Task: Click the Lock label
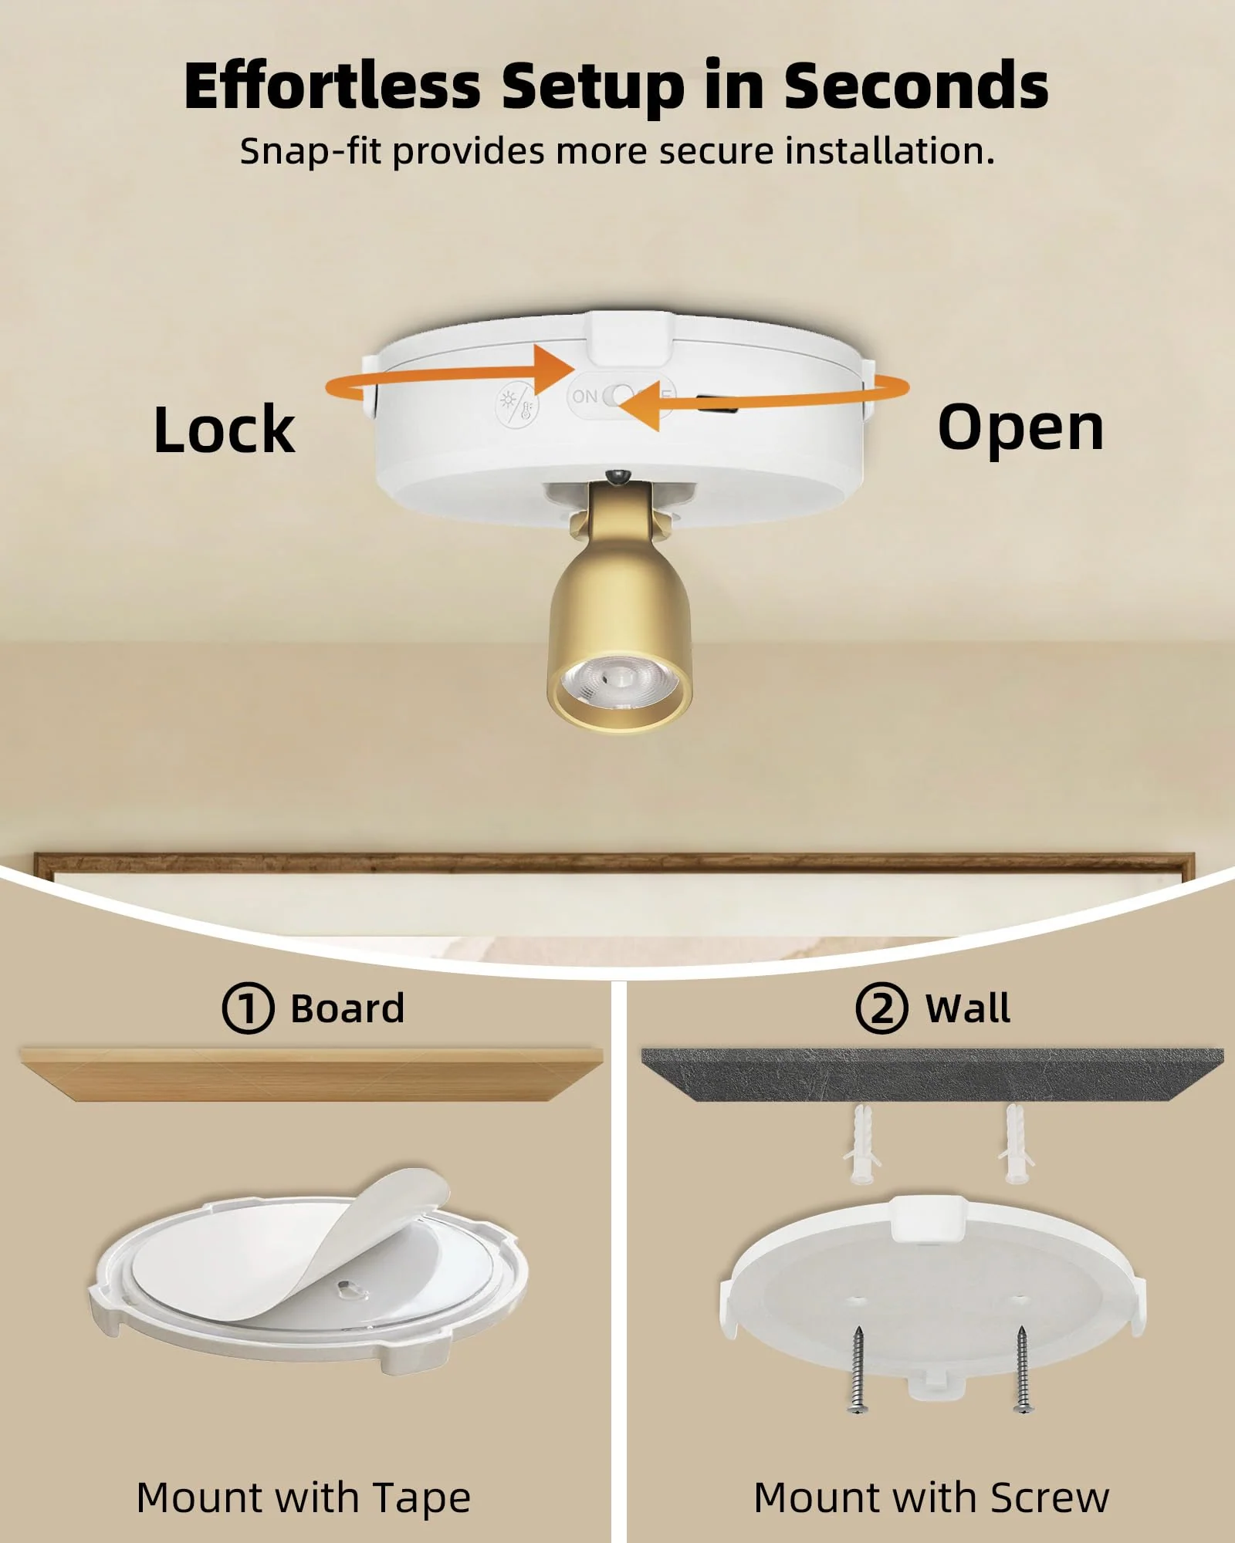tap(224, 429)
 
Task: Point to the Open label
tap(1020, 429)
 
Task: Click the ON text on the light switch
tap(584, 396)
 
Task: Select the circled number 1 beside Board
tap(248, 1008)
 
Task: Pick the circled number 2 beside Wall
tap(881, 1008)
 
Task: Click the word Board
tap(347, 1008)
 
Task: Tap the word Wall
tap(968, 1008)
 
